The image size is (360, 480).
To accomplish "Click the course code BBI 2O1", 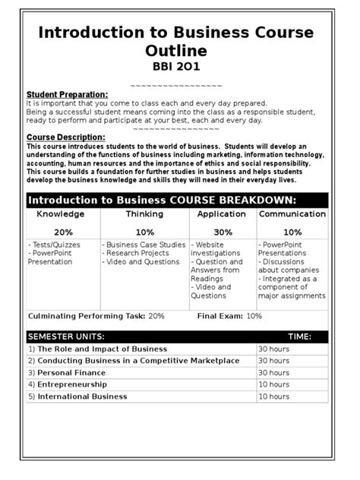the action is pos(180,68).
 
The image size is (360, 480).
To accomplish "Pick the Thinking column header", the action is pos(144,215).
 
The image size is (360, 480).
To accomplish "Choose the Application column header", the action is pos(223,215).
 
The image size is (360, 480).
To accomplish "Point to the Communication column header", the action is pos(292,215).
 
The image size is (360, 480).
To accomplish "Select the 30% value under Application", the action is pos(223,232).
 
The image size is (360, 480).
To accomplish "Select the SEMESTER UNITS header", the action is pos(66,336).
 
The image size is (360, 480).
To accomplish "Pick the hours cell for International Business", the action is pos(273,396).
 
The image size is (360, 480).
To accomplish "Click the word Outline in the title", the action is pos(180,50).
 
